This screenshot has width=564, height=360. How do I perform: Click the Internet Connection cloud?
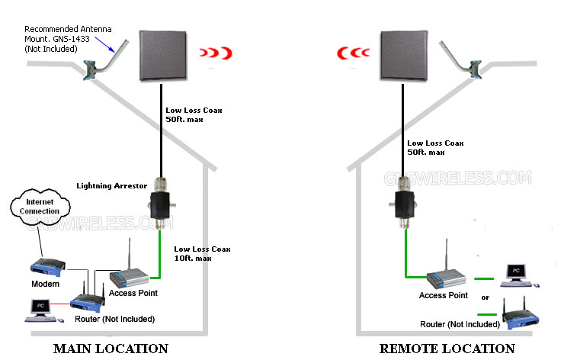point(40,207)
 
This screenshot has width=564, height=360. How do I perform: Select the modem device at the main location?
point(47,267)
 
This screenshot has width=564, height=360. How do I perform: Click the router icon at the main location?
point(88,298)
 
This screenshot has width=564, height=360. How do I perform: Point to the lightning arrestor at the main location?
point(161,204)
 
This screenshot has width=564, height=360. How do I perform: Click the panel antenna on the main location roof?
point(163,56)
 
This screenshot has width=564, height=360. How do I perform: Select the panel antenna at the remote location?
point(404,56)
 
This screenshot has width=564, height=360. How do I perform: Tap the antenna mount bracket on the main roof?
point(104,62)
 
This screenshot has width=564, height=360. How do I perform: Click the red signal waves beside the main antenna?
point(216,53)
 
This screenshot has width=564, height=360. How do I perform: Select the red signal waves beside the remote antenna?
point(353,53)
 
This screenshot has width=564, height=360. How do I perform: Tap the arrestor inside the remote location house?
point(405,204)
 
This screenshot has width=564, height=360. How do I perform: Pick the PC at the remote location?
point(519,276)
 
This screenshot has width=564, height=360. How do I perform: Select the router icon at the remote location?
point(520,313)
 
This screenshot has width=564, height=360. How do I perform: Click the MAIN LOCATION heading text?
point(111,349)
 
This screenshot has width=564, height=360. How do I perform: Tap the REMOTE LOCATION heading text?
point(447,349)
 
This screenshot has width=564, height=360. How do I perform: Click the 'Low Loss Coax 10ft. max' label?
point(202,253)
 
